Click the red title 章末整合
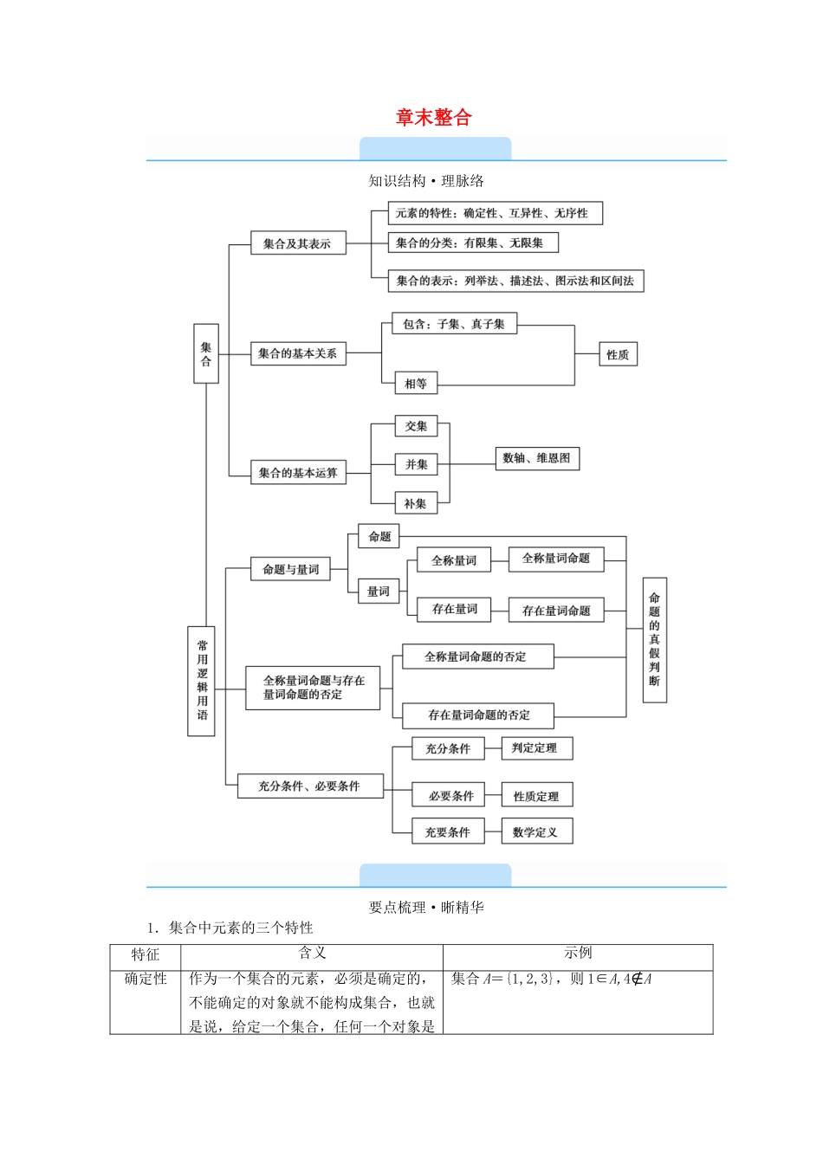tap(433, 118)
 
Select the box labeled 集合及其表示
tap(297, 243)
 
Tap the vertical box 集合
tap(205, 353)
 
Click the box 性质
tap(618, 354)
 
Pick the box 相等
tap(415, 383)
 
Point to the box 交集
tap(416, 426)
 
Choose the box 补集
tap(415, 503)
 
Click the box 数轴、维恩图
tap(536, 458)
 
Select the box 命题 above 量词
tap(379, 536)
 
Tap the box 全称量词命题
tap(555, 559)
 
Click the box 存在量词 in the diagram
tap(454, 609)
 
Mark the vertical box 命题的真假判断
tap(654, 639)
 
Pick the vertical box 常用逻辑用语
tap(202, 681)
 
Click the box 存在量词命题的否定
tap(478, 715)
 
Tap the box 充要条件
tap(447, 831)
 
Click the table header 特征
tap(146, 954)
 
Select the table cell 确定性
tap(146, 979)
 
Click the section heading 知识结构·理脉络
tap(426, 181)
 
